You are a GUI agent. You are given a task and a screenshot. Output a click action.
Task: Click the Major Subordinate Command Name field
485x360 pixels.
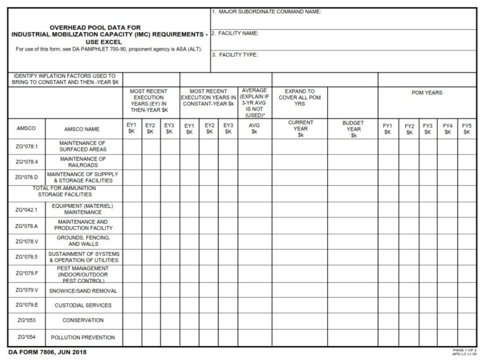pos(344,19)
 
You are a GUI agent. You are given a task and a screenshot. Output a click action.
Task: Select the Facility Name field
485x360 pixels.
pos(344,40)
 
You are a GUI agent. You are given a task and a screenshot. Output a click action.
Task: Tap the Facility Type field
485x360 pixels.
pos(344,62)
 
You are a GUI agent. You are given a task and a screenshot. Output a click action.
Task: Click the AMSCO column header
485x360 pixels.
pos(27,128)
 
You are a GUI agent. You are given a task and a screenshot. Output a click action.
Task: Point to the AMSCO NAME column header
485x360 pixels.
pos(83,128)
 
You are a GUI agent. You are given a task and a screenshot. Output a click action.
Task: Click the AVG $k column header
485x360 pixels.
pos(254,128)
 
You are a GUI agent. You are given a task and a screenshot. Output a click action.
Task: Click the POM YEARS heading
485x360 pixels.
pos(427,93)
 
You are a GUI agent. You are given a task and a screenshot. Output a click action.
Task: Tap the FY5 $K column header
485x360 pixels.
pos(467,129)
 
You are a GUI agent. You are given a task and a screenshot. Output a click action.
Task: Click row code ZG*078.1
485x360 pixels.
pos(27,147)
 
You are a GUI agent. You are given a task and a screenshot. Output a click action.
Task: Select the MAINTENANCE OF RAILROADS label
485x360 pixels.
pos(83,162)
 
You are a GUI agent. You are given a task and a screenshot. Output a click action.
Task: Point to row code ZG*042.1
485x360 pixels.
pos(27,209)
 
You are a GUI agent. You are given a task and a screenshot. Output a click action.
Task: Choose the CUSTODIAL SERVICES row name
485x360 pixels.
pos(83,306)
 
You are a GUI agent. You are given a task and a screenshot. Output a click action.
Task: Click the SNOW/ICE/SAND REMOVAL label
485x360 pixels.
pos(83,290)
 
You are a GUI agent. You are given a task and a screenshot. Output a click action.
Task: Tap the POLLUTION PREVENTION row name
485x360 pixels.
pos(83,337)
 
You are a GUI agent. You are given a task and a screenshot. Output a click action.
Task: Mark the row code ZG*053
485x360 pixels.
pos(27,321)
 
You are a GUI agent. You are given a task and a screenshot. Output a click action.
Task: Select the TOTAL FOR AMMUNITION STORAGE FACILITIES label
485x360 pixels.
pos(64,191)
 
